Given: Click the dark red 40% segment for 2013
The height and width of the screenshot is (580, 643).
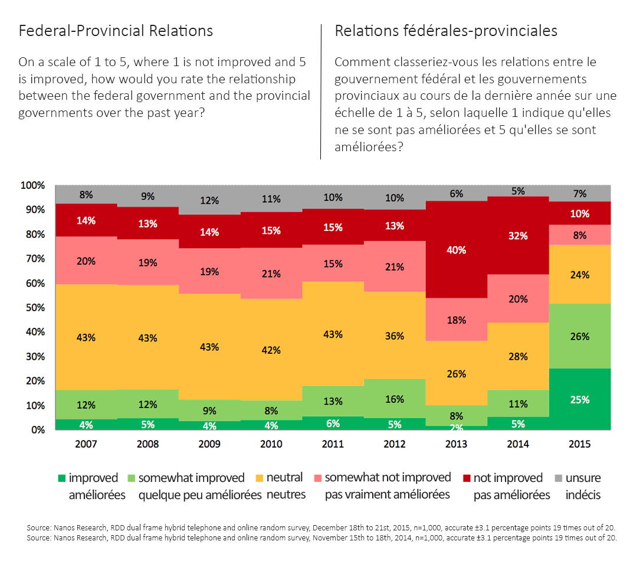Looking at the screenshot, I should [x=456, y=250].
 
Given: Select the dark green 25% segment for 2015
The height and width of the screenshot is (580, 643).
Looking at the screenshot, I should [x=579, y=399].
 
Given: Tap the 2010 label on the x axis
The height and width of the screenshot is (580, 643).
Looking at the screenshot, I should [x=271, y=444].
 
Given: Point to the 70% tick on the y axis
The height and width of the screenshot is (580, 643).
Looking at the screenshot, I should [x=34, y=259].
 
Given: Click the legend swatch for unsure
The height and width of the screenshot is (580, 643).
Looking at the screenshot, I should [x=557, y=478].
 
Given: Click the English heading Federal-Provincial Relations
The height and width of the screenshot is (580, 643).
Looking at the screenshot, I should [x=116, y=31].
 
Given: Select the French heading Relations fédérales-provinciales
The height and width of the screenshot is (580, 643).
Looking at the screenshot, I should [x=446, y=31].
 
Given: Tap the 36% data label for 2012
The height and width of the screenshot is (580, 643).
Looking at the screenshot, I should [x=395, y=336].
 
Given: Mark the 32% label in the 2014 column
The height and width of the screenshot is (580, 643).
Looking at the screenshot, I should [x=518, y=236].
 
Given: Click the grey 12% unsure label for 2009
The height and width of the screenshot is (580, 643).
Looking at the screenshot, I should [x=209, y=200].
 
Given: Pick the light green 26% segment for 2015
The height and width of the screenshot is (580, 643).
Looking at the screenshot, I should [x=579, y=336].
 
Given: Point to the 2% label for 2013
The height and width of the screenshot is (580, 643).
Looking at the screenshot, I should [x=456, y=427].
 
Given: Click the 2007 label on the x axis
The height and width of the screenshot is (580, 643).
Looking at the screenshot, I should [x=86, y=444].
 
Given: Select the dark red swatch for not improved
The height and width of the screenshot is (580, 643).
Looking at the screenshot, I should [x=465, y=478].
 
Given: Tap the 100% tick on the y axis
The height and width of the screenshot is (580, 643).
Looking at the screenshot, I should [x=32, y=185].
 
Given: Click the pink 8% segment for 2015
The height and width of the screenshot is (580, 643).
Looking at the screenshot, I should [x=579, y=234].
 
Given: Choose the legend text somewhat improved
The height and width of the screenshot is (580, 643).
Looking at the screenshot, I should [x=191, y=477].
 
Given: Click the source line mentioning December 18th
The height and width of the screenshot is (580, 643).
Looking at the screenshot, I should [x=321, y=527].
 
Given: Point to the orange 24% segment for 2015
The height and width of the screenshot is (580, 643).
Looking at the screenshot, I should [x=579, y=275].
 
